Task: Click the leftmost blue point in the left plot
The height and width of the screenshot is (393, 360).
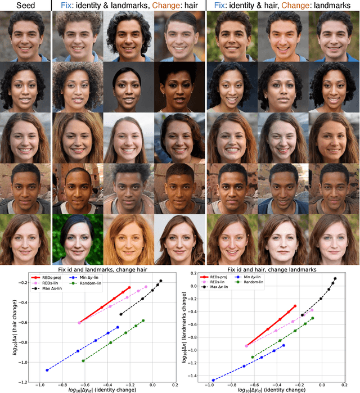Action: pos(47,370)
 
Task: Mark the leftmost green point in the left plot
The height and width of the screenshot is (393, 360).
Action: pos(83,361)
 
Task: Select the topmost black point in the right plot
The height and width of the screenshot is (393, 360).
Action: pos(335,278)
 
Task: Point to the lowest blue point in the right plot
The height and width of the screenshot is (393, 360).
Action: pos(213,380)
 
